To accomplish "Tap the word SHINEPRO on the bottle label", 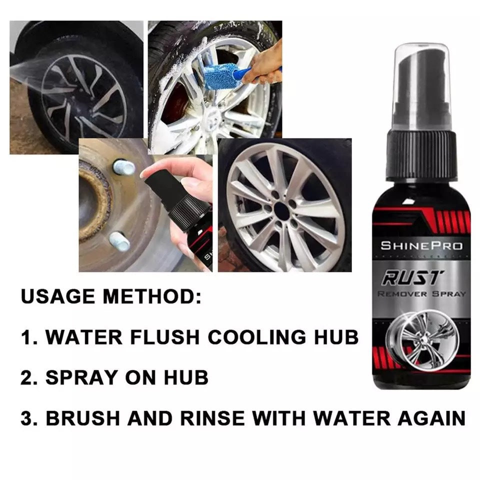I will click(421, 245).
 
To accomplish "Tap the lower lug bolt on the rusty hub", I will click(119, 241).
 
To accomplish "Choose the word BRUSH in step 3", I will click(83, 417).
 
